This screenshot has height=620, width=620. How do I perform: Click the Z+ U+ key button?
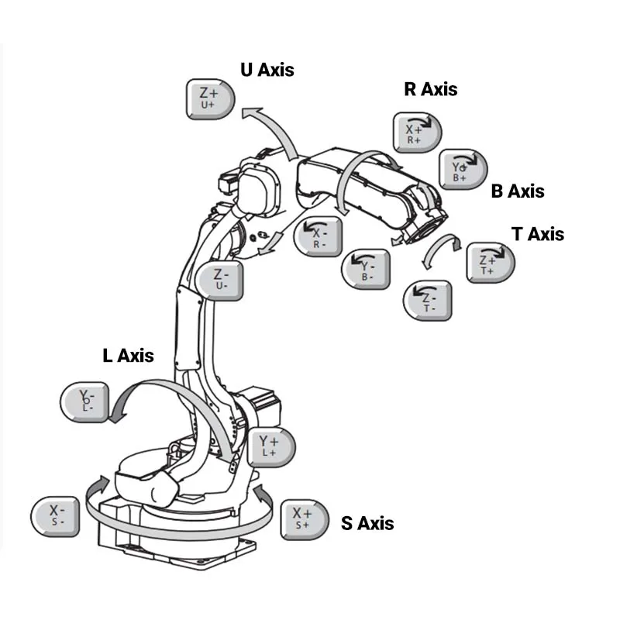tap(208, 98)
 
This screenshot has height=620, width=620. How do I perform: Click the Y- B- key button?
tap(366, 268)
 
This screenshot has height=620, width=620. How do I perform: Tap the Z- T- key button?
tap(427, 299)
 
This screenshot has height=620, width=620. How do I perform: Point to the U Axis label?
tap(267, 70)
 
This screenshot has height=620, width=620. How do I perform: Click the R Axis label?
tap(430, 89)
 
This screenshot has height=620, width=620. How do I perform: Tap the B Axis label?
tap(517, 191)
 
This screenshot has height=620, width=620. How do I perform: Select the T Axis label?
tap(538, 234)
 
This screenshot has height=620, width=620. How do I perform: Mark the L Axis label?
tap(129, 356)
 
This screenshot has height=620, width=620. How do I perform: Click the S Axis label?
tap(367, 524)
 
